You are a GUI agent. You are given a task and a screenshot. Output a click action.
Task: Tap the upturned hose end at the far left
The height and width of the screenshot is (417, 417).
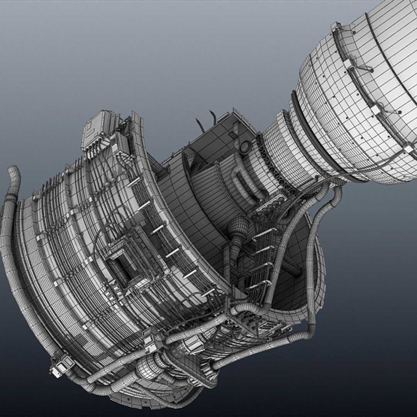[x=14, y=178]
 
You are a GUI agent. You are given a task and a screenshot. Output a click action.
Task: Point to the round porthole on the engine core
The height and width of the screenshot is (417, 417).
[x=244, y=147]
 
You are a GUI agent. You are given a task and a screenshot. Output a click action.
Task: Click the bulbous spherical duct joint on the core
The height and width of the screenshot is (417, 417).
[x=238, y=228]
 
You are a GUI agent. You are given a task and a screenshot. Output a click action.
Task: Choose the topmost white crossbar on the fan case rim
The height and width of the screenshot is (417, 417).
[x=133, y=181]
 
